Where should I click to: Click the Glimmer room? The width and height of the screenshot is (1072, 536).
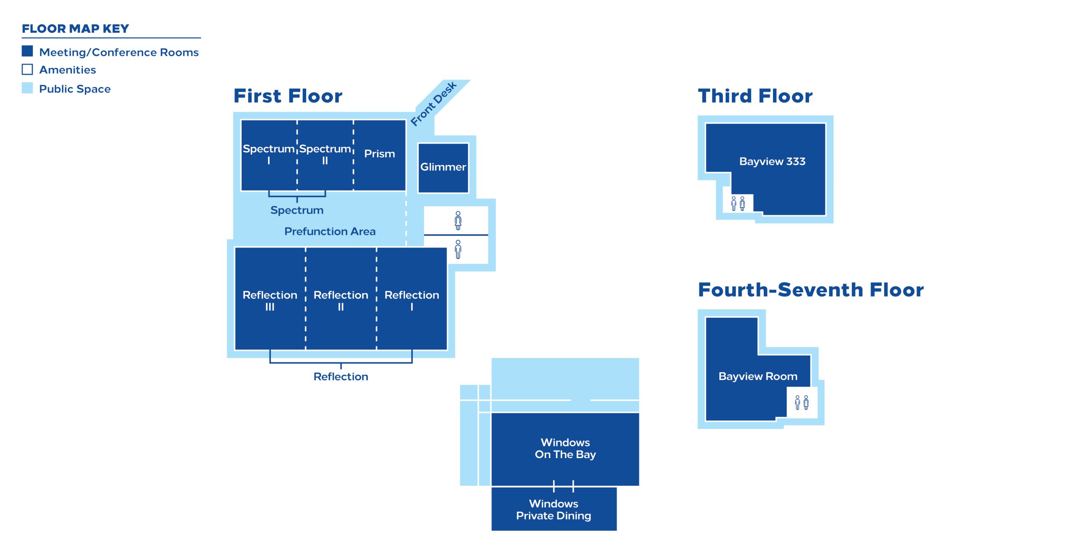[443, 168]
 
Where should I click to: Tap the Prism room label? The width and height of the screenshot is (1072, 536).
[379, 154]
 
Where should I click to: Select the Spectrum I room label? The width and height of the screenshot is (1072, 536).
[268, 154]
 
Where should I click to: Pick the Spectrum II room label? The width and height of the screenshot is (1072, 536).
[325, 154]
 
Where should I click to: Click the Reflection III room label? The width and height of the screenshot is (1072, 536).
[270, 300]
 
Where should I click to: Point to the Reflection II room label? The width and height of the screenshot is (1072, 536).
[341, 300]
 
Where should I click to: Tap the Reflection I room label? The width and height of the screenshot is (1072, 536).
[412, 300]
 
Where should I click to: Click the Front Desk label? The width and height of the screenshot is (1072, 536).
[433, 103]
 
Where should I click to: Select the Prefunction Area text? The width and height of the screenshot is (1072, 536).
[330, 231]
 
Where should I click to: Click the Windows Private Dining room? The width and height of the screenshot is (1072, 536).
[554, 509]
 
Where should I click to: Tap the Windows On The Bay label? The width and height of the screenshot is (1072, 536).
[565, 448]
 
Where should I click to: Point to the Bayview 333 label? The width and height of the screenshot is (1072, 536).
[772, 161]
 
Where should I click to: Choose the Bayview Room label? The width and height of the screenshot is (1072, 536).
[758, 376]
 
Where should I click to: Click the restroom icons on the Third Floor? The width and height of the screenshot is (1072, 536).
[738, 204]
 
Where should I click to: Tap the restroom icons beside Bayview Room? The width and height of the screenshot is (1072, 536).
[802, 402]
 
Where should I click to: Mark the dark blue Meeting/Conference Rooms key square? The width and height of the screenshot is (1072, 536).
[27, 51]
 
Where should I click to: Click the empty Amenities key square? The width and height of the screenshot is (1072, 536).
[27, 69]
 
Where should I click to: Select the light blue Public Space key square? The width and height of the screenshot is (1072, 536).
[27, 88]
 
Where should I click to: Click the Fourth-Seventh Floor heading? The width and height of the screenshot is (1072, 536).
[811, 290]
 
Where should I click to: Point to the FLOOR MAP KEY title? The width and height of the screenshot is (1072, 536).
[75, 28]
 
